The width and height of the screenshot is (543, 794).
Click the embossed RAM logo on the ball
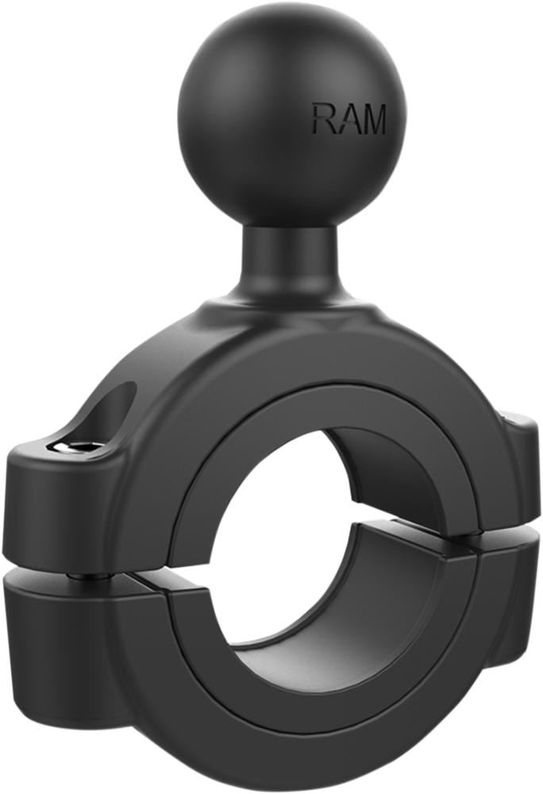[349, 119]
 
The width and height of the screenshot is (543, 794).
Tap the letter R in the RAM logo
[322, 119]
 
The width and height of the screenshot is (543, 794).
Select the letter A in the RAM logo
[345, 119]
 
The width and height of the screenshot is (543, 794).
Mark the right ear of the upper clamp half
[520, 461]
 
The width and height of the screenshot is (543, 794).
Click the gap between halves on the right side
[508, 540]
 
